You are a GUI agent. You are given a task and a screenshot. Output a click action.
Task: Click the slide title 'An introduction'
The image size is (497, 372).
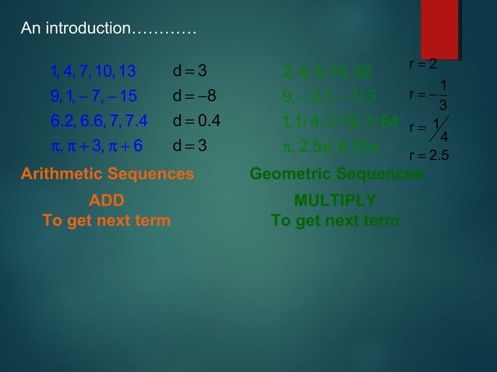coord(108,30)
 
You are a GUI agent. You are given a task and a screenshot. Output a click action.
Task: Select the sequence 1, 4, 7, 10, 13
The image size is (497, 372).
coord(93,73)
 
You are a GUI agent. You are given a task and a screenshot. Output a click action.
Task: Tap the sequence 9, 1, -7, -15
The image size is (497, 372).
coord(93,97)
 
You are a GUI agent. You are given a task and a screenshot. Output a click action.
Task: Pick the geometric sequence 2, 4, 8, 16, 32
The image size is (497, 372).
coord(327,73)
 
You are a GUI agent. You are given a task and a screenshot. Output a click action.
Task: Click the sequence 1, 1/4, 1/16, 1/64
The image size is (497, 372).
coord(341,121)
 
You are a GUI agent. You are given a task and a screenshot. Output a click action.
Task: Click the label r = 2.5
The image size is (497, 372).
coord(428,156)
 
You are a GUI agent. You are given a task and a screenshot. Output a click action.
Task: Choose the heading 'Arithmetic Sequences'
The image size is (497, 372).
coord(107,174)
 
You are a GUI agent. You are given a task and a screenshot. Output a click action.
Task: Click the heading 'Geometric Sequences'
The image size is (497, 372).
coord(336,174)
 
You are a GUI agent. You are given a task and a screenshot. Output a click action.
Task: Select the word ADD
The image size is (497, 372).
coord(106,201)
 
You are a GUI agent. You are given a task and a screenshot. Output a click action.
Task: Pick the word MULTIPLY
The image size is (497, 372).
coord(335,201)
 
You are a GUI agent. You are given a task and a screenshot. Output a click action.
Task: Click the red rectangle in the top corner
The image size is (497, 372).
coord(439,29)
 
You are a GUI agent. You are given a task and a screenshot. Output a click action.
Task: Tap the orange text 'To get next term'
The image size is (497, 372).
coord(106,220)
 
